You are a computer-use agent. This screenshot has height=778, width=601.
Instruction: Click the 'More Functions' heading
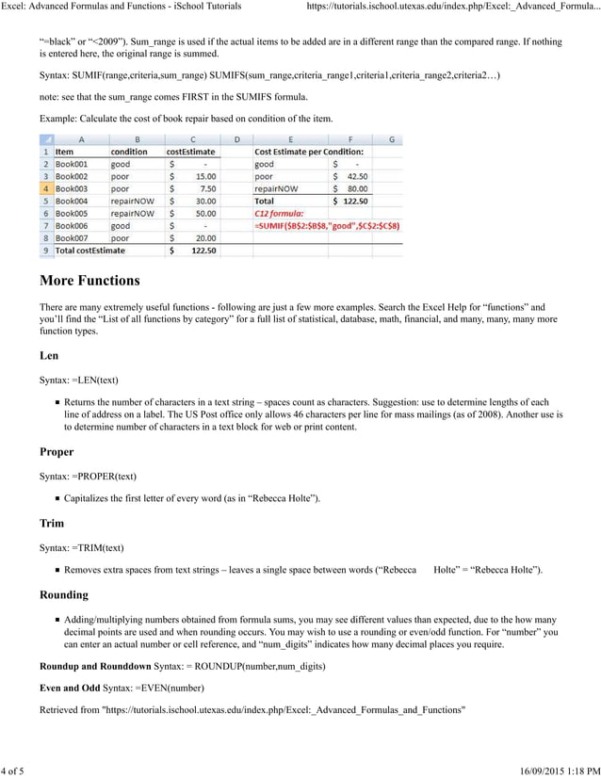click(x=89, y=281)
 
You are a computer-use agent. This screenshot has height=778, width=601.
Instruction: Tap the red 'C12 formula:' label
click(x=281, y=214)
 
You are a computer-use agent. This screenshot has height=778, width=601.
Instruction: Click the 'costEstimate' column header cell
click(x=191, y=151)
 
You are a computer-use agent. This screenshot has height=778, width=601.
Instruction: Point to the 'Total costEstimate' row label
click(x=89, y=251)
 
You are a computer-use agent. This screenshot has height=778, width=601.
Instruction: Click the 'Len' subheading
click(x=49, y=356)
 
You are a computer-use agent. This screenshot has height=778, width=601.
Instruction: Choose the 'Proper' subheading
click(x=57, y=452)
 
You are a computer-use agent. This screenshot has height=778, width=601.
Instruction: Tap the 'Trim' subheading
click(x=52, y=523)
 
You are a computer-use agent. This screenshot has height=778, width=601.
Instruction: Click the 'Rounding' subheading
click(x=64, y=595)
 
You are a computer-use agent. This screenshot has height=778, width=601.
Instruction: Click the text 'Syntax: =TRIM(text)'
click(x=82, y=547)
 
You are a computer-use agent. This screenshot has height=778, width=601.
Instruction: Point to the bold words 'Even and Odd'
click(x=69, y=689)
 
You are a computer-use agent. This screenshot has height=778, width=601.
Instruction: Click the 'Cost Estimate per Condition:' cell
click(x=308, y=151)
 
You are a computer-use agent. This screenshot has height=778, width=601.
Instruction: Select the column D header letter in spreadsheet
click(x=236, y=138)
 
